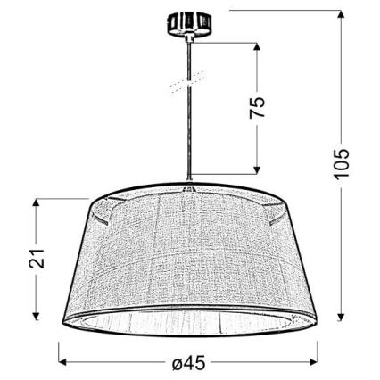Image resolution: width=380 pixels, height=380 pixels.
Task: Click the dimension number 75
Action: pyautogui.click(x=256, y=109)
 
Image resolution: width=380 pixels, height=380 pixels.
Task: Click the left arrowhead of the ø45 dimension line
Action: pyautogui.click(x=62, y=360)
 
